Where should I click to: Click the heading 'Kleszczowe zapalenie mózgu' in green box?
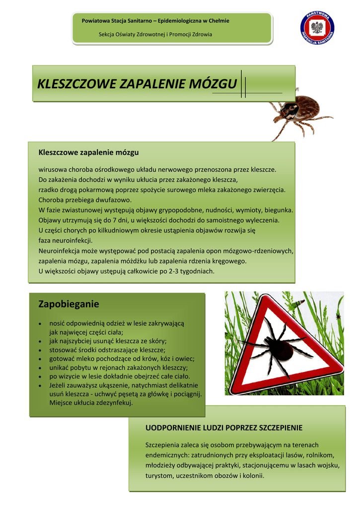click(88, 151)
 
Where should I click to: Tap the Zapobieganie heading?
click(69, 304)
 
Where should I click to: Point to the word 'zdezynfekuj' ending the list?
click(110, 403)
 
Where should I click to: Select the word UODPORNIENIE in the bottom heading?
click(174, 428)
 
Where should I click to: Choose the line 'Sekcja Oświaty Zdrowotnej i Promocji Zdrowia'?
click(155, 35)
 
